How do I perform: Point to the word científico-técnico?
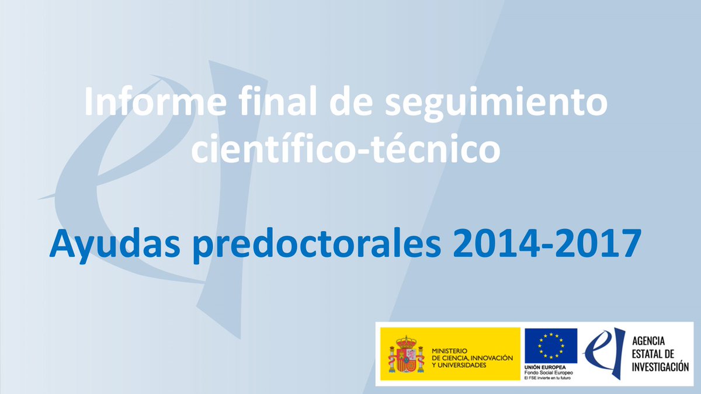click(x=346, y=149)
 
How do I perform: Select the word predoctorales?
click(x=304, y=245)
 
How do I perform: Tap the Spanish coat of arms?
click(x=405, y=354)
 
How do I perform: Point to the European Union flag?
click(x=550, y=346)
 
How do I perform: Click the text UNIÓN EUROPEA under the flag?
click(x=543, y=367)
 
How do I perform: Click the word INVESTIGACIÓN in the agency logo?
click(x=661, y=367)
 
